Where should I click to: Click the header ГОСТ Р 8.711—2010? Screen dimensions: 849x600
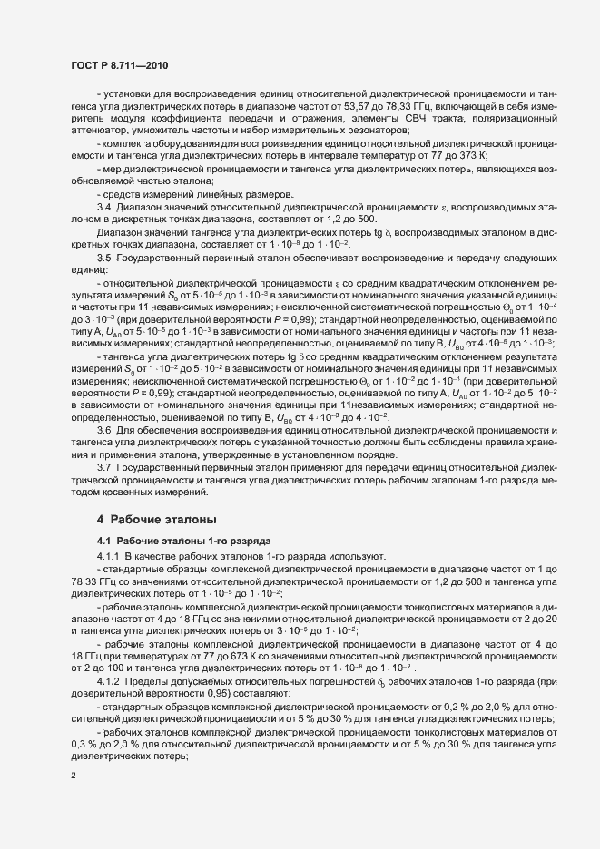(119, 65)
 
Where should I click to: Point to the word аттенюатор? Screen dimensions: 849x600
(97, 132)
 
